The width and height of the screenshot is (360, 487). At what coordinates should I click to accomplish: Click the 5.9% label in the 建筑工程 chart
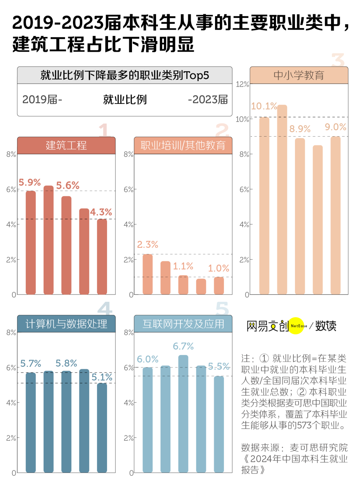(x=30, y=183)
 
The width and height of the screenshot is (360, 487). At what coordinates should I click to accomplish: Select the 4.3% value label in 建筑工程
(x=101, y=212)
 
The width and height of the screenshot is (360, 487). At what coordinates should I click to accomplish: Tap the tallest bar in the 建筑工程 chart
(x=49, y=240)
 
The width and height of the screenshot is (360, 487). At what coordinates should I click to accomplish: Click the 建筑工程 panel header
(x=66, y=146)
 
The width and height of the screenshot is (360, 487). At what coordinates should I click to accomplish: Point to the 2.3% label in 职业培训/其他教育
(x=148, y=244)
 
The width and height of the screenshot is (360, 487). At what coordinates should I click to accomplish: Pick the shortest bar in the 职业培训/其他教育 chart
(x=201, y=286)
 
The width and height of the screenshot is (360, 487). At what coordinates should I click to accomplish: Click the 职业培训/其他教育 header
(x=183, y=146)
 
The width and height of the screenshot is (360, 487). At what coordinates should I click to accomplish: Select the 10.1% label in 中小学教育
(x=264, y=106)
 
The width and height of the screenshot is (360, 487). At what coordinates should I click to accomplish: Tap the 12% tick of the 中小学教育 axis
(x=242, y=84)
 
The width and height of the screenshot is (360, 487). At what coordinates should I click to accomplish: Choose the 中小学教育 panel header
(x=299, y=75)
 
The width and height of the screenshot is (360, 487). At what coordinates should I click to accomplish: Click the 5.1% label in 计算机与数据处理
(x=102, y=377)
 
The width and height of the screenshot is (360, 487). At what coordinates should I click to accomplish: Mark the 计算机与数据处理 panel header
(x=66, y=324)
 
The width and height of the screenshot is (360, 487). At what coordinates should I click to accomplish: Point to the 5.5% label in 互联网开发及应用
(x=219, y=366)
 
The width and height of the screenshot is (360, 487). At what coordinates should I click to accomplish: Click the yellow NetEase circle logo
(x=296, y=326)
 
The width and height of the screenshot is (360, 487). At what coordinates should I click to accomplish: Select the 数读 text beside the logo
(x=326, y=326)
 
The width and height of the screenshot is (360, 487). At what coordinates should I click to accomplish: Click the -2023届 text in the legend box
(x=208, y=100)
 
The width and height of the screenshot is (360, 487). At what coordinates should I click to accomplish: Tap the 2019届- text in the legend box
(x=42, y=100)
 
